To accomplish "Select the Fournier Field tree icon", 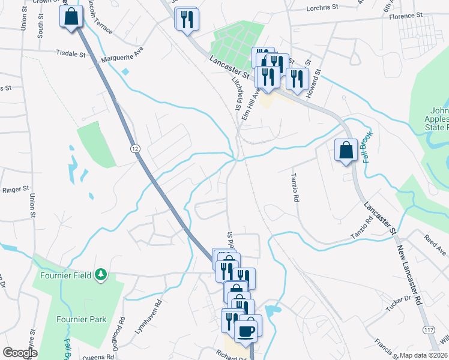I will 102,275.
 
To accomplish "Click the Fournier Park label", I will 82,319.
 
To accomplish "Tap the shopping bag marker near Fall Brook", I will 346,150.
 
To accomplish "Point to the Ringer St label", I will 16,189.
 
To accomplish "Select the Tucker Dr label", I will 399,303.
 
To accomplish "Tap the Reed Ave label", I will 436,245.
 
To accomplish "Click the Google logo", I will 20,353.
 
